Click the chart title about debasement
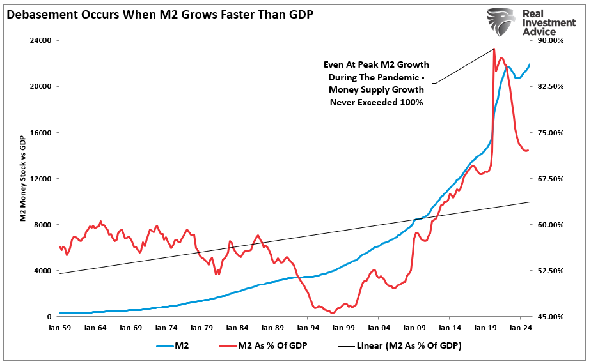tap(160, 13)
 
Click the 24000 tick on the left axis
tap(41, 40)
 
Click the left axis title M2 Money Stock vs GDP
tap(22, 179)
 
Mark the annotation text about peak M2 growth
tap(376, 84)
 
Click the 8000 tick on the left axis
tap(43, 224)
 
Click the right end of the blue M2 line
tap(530, 64)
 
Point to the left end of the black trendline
tap(59, 273)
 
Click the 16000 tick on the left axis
tap(41, 132)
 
